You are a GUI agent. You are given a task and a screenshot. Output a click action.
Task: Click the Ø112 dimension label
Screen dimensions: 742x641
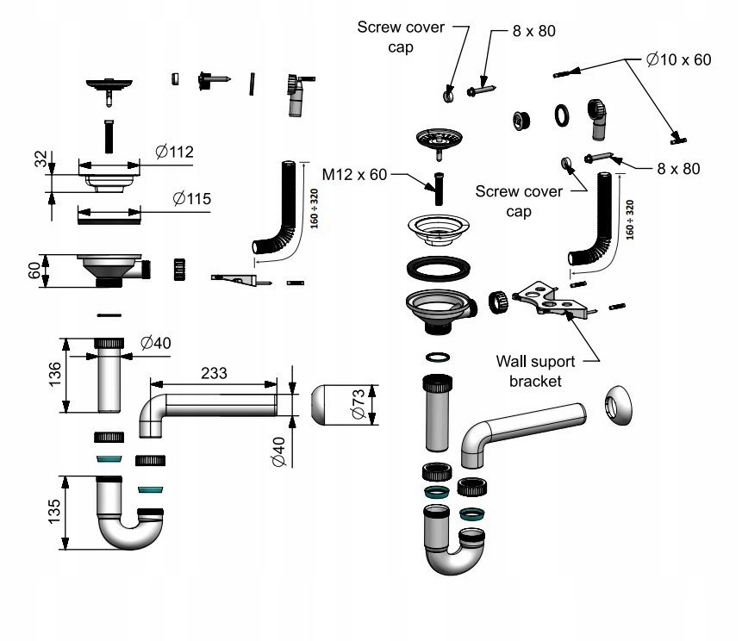pos(175,152)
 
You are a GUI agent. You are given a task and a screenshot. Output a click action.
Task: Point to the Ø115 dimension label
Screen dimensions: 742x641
pos(191,199)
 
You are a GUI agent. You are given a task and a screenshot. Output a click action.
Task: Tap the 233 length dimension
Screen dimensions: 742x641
pos(214,373)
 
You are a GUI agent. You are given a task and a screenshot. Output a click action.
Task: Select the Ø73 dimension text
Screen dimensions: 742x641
pos(359,403)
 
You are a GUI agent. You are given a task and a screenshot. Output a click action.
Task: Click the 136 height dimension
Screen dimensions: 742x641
pos(55,374)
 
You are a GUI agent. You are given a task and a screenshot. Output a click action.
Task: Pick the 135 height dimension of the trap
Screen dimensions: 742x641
pos(54,512)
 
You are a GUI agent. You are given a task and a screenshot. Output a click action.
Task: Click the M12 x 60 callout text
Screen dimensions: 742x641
pos(354,175)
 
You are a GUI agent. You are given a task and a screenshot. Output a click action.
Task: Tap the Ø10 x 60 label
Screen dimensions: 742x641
pos(678,59)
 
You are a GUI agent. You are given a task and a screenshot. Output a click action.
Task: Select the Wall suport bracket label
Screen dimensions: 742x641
pos(535,371)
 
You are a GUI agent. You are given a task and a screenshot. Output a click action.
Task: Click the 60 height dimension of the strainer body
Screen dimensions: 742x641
pos(34,271)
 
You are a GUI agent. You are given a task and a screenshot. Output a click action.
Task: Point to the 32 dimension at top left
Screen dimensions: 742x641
pos(41,159)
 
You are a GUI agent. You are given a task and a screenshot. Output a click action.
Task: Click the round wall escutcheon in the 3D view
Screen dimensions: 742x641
pos(619,406)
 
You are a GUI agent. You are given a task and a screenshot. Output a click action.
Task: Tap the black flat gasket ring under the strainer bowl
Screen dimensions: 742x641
pos(438,268)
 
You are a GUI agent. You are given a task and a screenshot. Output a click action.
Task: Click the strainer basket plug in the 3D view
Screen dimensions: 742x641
pos(439,141)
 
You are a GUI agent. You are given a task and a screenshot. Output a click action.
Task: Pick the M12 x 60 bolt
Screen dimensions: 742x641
pos(439,190)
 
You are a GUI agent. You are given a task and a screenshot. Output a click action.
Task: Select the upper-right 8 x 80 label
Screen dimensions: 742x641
pos(533,31)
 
